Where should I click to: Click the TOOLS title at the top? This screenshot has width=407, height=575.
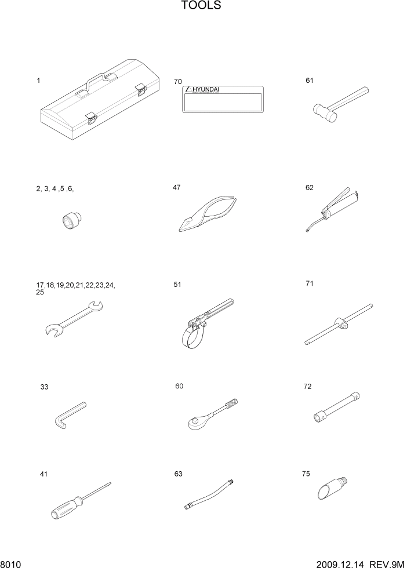click(x=201, y=6)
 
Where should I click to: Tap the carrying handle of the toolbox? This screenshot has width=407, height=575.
click(x=96, y=79)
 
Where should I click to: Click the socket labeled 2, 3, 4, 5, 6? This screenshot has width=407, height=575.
click(x=71, y=221)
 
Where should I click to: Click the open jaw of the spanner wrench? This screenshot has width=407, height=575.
click(x=52, y=330)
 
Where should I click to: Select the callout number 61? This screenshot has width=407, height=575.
click(x=310, y=81)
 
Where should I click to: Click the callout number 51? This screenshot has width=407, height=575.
click(x=177, y=284)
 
